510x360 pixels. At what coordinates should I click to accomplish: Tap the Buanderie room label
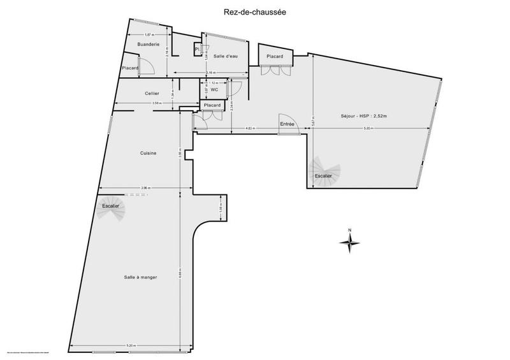[x=148, y=44]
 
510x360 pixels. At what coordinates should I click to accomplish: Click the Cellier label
[x=152, y=94]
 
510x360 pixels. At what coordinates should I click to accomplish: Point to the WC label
[x=215, y=90]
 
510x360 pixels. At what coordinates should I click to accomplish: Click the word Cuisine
[x=149, y=153]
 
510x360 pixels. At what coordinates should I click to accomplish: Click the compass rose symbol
[x=349, y=241]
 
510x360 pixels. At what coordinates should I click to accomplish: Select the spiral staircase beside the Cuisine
[x=114, y=208]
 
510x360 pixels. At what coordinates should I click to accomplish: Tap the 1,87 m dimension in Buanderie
[x=149, y=34]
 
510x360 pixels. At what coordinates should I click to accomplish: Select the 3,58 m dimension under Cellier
[x=157, y=103]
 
